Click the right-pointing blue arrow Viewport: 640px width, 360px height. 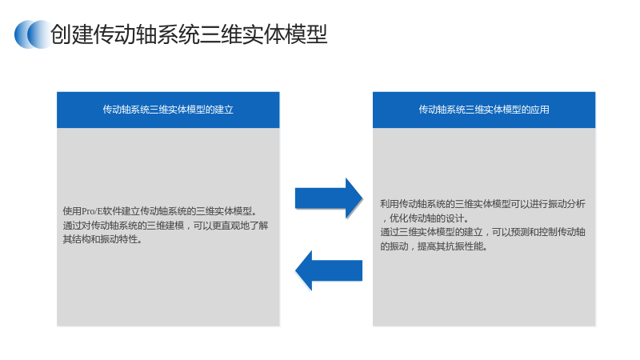coord(329,198)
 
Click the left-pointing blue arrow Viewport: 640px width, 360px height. coord(329,270)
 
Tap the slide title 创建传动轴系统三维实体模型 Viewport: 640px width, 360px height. coord(189,34)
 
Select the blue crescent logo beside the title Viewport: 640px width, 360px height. coord(33,34)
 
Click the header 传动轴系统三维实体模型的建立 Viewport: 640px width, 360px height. coord(168,110)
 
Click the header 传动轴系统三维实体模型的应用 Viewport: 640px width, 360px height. coord(484,110)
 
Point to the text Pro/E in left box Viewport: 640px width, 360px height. coord(92,211)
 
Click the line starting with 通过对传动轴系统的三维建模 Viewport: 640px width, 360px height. coord(166,226)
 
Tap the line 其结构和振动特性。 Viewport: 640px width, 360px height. coord(102,239)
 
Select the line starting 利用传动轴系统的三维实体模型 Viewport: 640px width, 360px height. coord(483,204)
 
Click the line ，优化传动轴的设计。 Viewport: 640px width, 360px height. coord(425,218)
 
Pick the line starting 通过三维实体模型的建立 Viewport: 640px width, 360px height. coord(483,232)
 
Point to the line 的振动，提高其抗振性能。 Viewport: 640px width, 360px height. coord(434,246)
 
